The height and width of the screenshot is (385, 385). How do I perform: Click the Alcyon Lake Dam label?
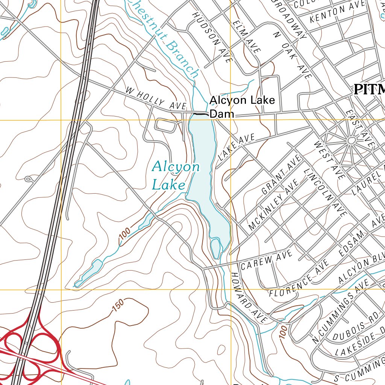pyautogui.click(x=242, y=106)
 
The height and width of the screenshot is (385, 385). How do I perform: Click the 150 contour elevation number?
pyautogui.click(x=117, y=307)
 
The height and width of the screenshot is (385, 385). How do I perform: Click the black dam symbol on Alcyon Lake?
pyautogui.click(x=200, y=113)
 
